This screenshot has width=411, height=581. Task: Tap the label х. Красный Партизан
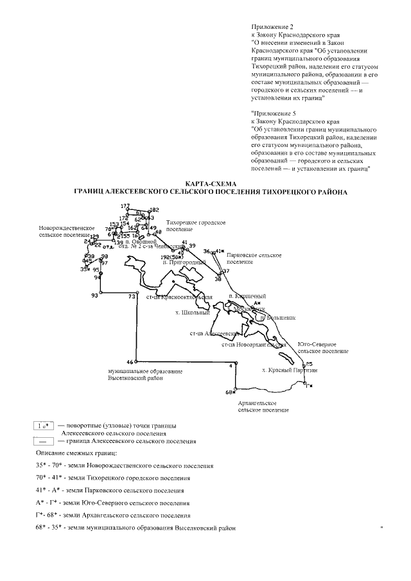pos(290,371)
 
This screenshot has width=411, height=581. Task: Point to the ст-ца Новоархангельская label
pos(253,345)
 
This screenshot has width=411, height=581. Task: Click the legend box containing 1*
pos(44,426)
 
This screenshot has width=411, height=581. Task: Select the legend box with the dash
pos(44,441)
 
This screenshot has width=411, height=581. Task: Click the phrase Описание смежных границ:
pos(72,454)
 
